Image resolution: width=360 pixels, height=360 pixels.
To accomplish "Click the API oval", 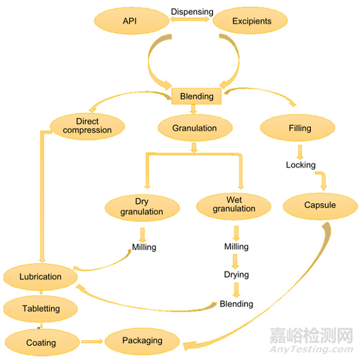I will click(x=130, y=21).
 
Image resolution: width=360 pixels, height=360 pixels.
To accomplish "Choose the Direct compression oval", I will click(x=87, y=126).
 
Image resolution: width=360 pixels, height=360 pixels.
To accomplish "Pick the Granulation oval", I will click(x=194, y=128).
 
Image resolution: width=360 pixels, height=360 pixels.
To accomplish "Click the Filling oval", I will click(x=299, y=128).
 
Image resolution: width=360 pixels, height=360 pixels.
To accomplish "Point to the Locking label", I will click(x=301, y=164).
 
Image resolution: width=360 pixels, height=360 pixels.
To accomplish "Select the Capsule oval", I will click(x=320, y=205).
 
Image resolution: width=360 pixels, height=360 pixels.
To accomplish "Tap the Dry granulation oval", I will click(x=142, y=206).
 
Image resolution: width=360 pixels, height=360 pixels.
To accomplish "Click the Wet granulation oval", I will click(x=233, y=205).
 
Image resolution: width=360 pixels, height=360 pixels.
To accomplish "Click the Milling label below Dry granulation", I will click(x=144, y=247).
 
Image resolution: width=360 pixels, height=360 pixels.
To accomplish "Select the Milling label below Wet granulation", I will click(x=236, y=247).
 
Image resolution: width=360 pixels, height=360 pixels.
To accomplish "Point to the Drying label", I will click(x=236, y=275).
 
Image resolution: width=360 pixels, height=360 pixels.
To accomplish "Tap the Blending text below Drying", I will click(x=236, y=304).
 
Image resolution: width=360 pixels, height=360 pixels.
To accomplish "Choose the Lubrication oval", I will click(x=40, y=277).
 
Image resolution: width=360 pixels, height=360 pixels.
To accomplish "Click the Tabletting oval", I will click(x=40, y=309).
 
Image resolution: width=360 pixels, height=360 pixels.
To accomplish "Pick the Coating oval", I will click(x=41, y=343).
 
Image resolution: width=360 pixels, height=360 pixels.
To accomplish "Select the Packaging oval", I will click(x=142, y=341).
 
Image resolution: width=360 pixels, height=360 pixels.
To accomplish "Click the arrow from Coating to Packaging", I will click(x=92, y=341).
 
